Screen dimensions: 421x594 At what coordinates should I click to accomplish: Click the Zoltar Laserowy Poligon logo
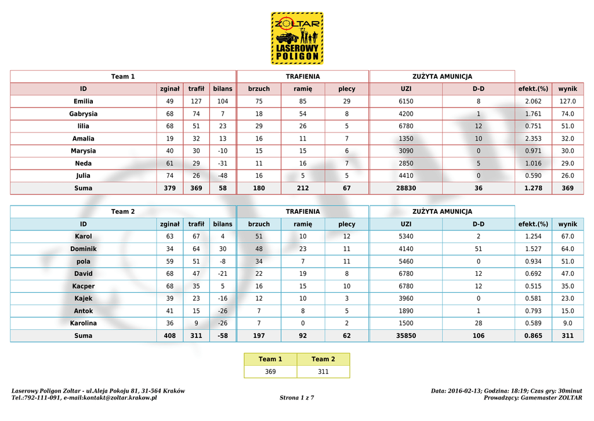[297, 38]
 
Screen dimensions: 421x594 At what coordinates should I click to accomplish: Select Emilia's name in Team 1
[83, 102]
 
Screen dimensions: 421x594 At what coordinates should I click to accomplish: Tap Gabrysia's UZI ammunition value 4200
[406, 114]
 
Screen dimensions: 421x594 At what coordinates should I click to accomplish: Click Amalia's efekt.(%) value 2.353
[533, 139]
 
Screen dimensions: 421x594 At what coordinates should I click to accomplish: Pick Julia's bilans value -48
[223, 175]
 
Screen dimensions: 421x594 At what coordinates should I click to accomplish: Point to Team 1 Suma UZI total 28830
[406, 188]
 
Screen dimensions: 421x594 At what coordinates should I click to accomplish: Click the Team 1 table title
[123, 77]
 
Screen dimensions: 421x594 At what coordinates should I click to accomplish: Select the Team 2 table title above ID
[123, 212]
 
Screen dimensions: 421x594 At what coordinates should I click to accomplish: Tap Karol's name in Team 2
[83, 237]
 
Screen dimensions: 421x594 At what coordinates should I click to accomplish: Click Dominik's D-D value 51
[478, 249]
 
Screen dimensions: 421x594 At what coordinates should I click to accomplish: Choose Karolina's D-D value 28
[478, 323]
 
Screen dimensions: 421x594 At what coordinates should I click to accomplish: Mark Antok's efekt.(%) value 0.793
[533, 311]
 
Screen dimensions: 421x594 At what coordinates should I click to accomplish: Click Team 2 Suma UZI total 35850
[406, 336]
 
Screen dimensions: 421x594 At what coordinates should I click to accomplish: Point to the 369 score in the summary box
[270, 372]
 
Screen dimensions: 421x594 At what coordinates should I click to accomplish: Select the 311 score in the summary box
[323, 372]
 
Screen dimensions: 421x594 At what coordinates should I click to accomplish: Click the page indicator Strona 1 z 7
[296, 398]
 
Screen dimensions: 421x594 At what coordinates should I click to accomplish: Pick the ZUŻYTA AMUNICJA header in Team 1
[442, 77]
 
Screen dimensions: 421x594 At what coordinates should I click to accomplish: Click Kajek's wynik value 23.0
[567, 298]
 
